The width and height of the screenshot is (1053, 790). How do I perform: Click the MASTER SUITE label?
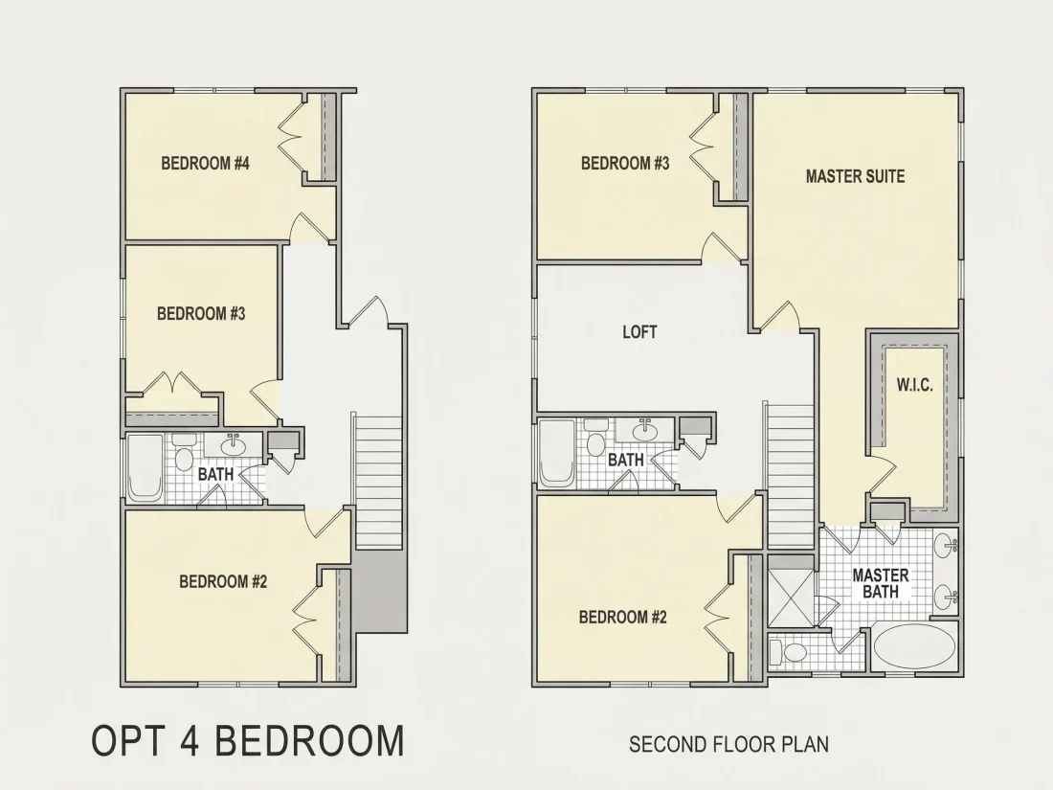(x=855, y=177)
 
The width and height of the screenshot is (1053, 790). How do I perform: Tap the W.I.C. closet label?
(x=914, y=386)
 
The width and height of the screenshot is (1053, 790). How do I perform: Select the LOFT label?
(x=639, y=332)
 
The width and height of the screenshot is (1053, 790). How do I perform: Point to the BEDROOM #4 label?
(x=206, y=163)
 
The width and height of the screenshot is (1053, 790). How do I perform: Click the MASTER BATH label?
(x=881, y=583)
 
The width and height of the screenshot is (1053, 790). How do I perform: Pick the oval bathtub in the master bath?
(x=914, y=647)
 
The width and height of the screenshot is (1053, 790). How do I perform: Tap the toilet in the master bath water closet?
(x=788, y=651)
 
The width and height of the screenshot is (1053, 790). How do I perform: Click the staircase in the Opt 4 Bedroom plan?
(x=378, y=483)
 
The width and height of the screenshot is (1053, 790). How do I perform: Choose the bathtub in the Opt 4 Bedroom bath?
(x=146, y=467)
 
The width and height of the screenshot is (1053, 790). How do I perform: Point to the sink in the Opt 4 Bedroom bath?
(x=233, y=444)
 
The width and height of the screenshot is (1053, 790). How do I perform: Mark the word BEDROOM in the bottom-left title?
(x=311, y=740)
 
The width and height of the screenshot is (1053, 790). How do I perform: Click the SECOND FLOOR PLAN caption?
(x=728, y=744)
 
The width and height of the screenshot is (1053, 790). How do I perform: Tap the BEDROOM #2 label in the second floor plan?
(x=622, y=617)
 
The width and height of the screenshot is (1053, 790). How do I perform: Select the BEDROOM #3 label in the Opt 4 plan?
(x=201, y=314)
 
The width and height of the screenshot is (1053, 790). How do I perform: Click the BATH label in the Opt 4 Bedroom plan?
(x=215, y=474)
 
